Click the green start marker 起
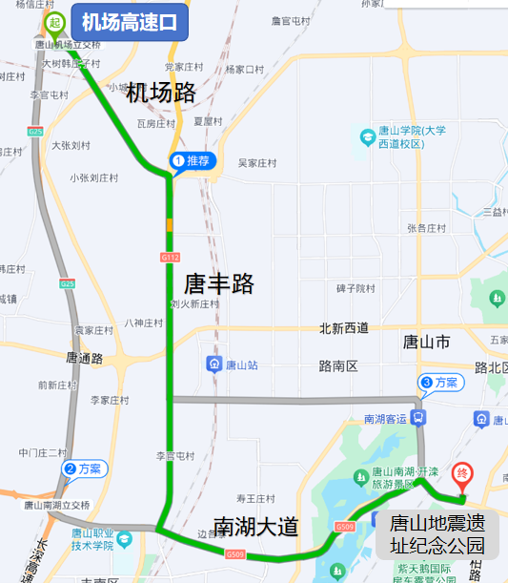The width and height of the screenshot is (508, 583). pyautogui.click(x=56, y=22)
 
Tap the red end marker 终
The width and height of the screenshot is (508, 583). pyautogui.click(x=462, y=472)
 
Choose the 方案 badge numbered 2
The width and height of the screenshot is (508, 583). pyautogui.click(x=86, y=468)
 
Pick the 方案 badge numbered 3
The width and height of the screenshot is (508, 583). pyautogui.click(x=440, y=383)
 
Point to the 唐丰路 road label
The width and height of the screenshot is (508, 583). pyautogui.click(x=219, y=283)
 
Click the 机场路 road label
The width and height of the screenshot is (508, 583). pyautogui.click(x=161, y=93)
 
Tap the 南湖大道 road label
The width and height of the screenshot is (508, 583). pyautogui.click(x=255, y=527)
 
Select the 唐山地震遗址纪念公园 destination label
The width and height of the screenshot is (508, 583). pyautogui.click(x=437, y=534)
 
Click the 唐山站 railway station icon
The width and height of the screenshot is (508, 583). pyautogui.click(x=215, y=364)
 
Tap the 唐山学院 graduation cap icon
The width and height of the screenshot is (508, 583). pyautogui.click(x=367, y=137)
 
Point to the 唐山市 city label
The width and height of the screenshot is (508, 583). pyautogui.click(x=426, y=342)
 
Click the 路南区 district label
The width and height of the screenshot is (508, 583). pyautogui.click(x=337, y=365)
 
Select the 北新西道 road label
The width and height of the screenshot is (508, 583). pyautogui.click(x=343, y=328)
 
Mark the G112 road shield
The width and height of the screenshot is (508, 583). pyautogui.click(x=171, y=258)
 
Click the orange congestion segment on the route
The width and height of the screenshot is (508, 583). pyautogui.click(x=170, y=225)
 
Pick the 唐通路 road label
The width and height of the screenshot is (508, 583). pyautogui.click(x=84, y=358)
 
